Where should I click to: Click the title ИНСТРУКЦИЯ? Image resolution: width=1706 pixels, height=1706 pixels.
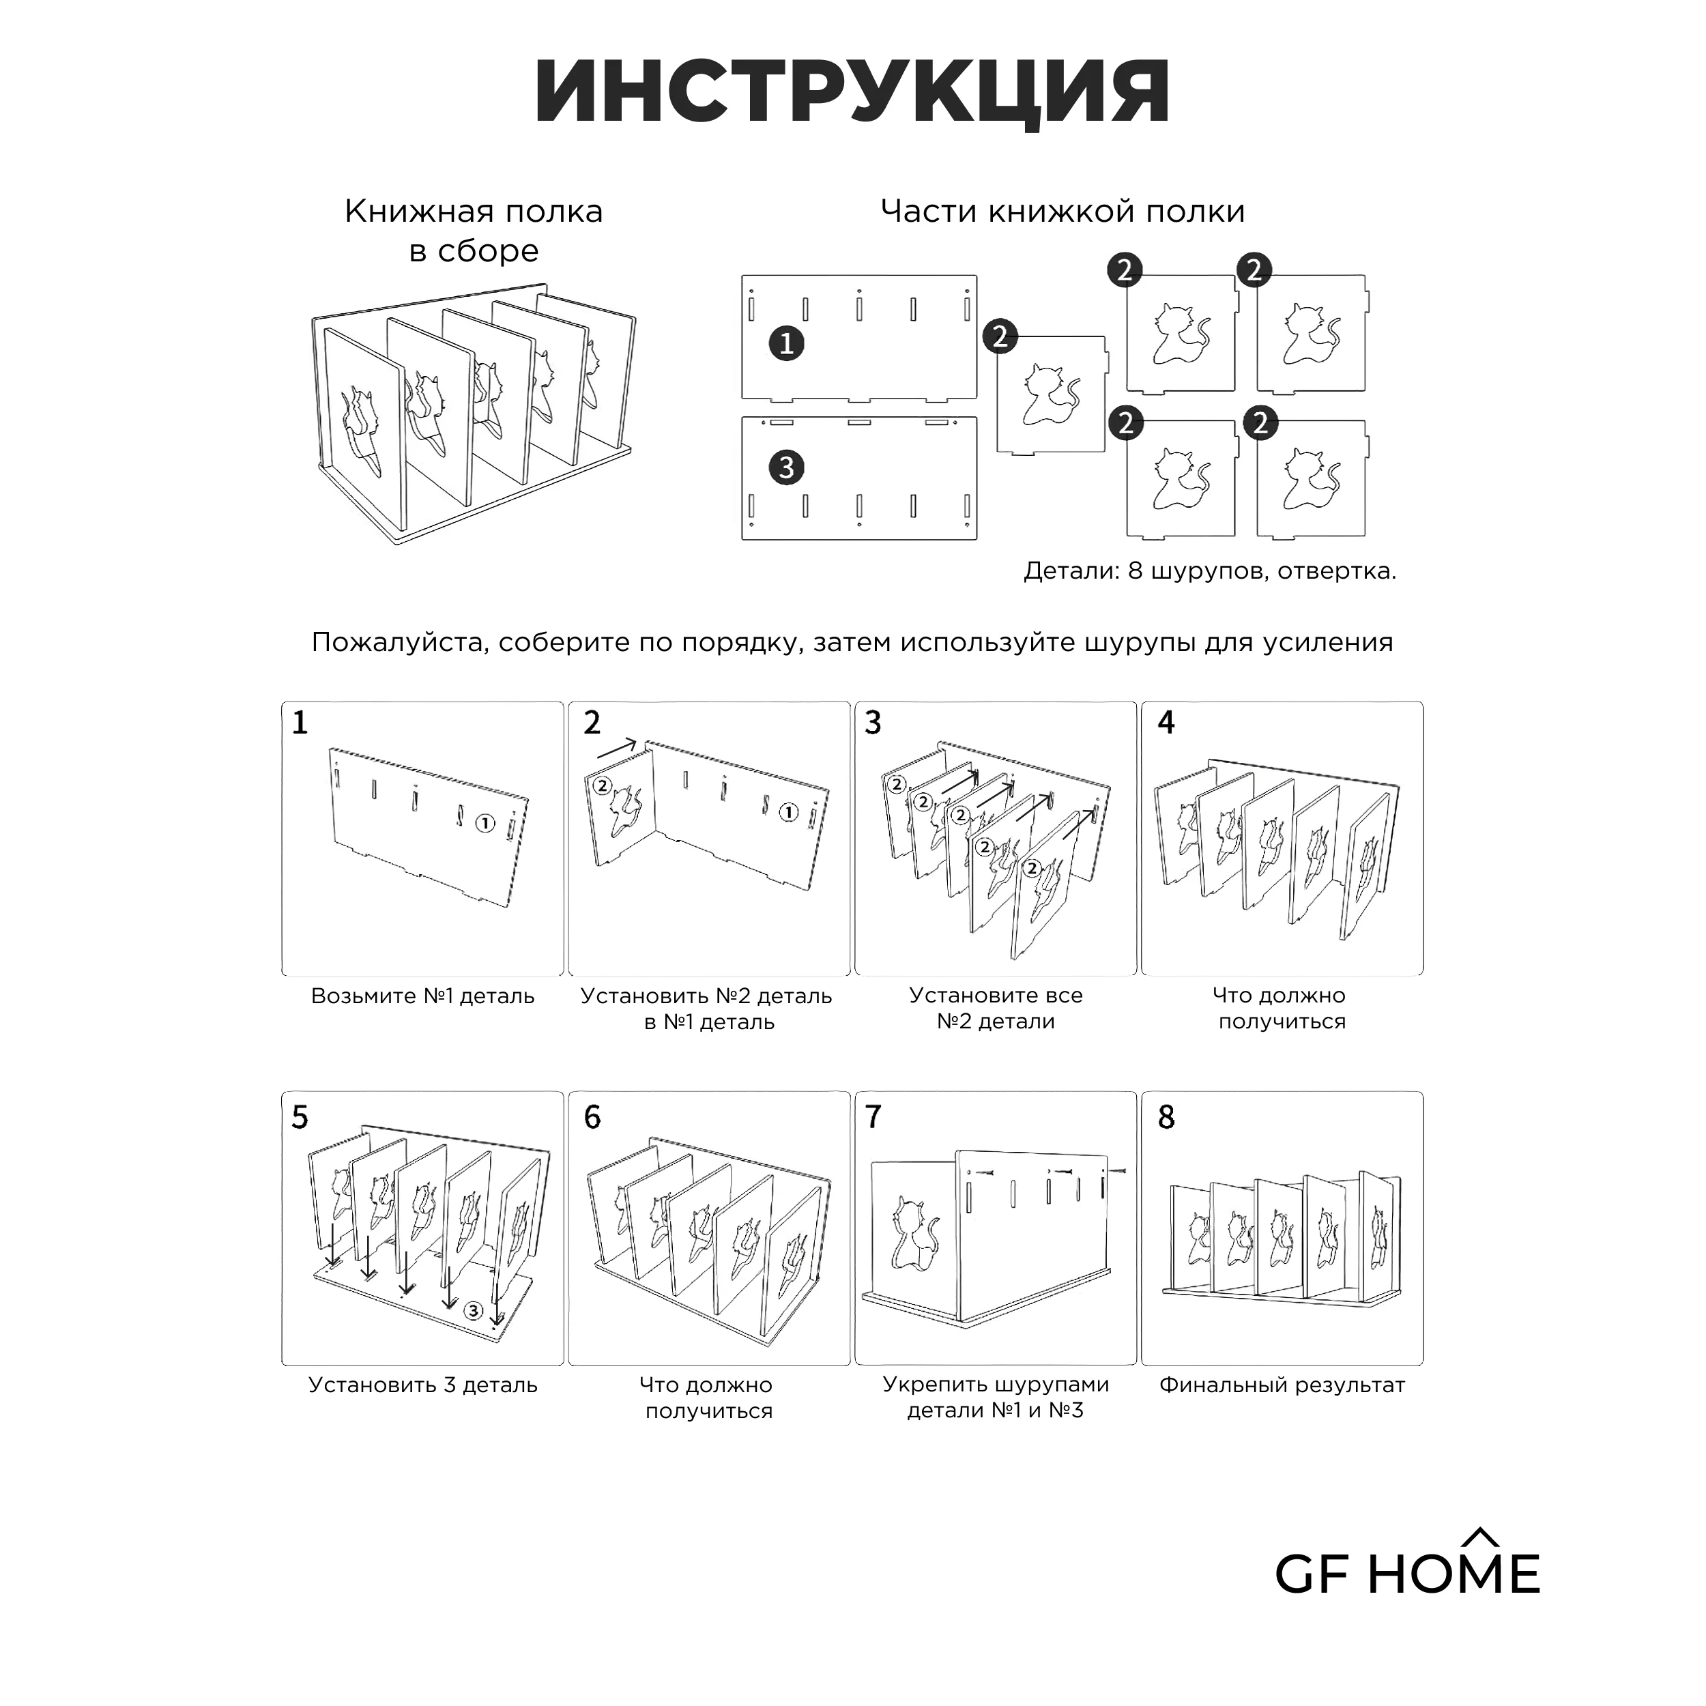pyautogui.click(x=852, y=93)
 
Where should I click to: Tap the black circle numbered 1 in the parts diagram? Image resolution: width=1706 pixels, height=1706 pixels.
pyautogui.click(x=786, y=342)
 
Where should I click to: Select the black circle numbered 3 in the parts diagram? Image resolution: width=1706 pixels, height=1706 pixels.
pyautogui.click(x=786, y=467)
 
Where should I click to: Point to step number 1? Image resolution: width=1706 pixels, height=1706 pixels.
pyautogui.click(x=300, y=723)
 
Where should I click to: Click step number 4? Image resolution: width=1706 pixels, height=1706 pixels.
pyautogui.click(x=1166, y=723)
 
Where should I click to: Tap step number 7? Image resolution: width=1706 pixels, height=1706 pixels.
pyautogui.click(x=873, y=1118)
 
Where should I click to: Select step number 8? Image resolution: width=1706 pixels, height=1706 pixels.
pyautogui.click(x=1166, y=1118)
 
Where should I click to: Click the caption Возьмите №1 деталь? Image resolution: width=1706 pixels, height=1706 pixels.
pyautogui.click(x=423, y=996)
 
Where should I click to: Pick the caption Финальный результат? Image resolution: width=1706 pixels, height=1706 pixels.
pyautogui.click(x=1282, y=1385)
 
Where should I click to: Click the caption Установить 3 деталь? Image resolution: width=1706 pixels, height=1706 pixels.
pyautogui.click(x=423, y=1385)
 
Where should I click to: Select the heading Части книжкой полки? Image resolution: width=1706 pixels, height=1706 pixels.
pyautogui.click(x=1063, y=212)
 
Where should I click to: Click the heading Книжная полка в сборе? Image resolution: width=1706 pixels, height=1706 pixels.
pyautogui.click(x=474, y=231)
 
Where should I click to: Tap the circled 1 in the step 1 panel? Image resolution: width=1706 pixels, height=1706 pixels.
pyautogui.click(x=485, y=824)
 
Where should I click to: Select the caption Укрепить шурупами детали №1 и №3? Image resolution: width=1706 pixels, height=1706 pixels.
pyautogui.click(x=996, y=1398)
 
